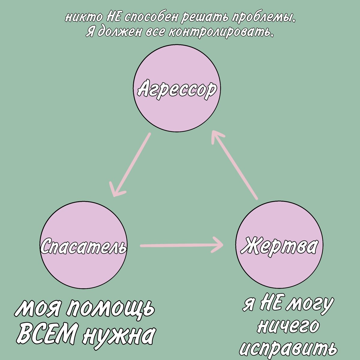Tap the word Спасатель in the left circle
[83, 247]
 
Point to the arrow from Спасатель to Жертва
[181, 246]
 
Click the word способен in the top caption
[151, 18]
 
